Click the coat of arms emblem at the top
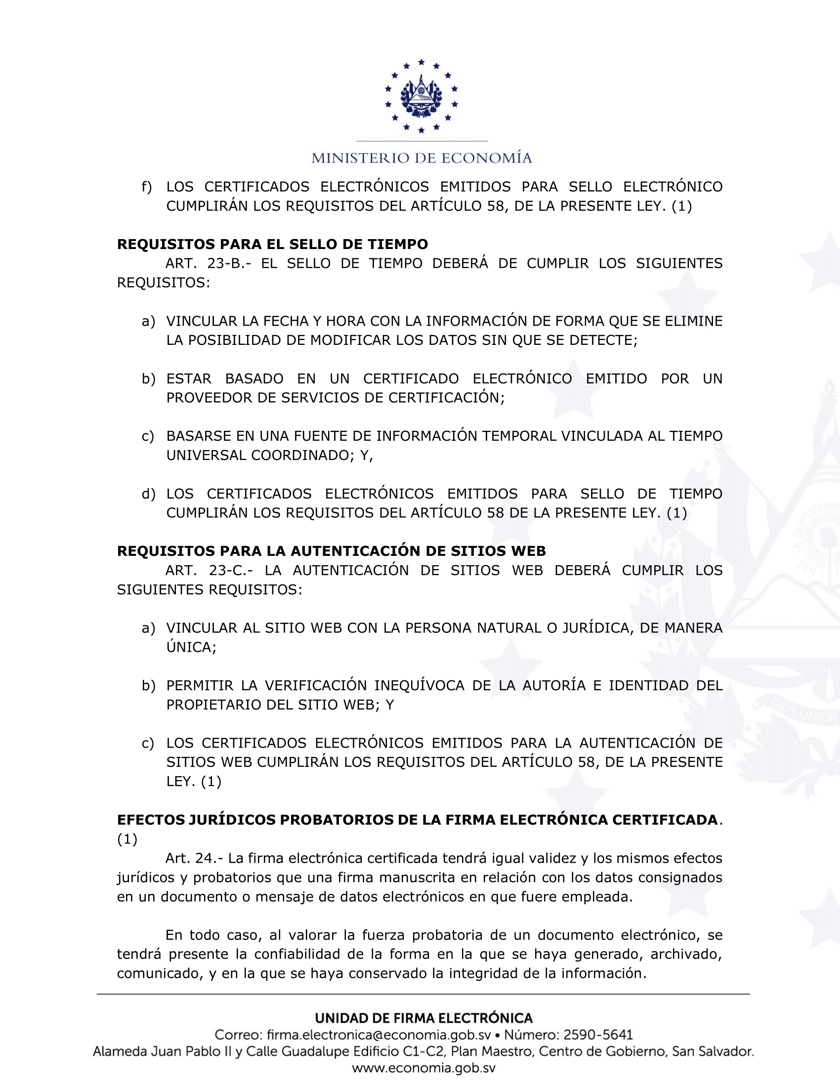421,96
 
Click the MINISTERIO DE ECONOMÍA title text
421,158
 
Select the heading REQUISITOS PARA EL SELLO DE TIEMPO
272,244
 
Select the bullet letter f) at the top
146,187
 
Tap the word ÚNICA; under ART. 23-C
191,647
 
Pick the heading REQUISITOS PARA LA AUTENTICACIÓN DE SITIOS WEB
331,551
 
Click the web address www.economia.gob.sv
423,1068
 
